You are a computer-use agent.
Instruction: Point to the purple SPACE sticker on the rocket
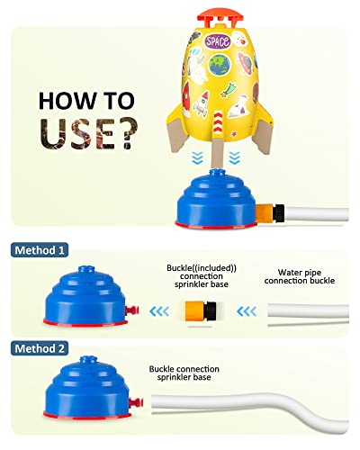pyautogui.click(x=218, y=41)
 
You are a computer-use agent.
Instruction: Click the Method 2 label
pyautogui.click(x=42, y=346)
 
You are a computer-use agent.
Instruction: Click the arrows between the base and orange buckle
pyautogui.click(x=158, y=312)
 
